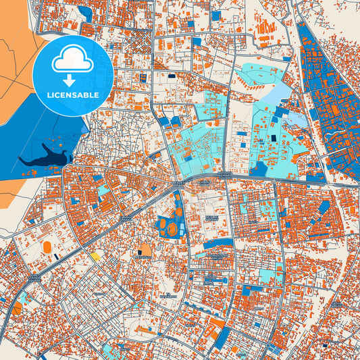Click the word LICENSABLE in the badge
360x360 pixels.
72,95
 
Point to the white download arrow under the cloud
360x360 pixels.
72,76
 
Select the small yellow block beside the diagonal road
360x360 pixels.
96,256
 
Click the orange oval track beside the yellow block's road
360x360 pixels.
47,247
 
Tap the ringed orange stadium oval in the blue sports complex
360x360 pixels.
172,230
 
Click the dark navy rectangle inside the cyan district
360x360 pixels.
274,138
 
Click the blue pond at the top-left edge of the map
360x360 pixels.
85,11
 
